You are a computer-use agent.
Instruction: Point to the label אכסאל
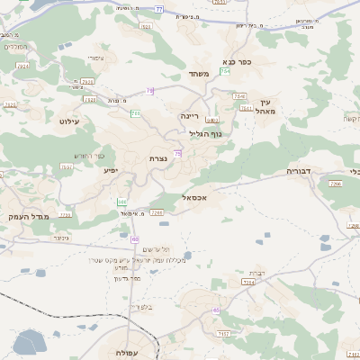[194, 196]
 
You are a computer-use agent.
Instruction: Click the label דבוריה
[299, 170]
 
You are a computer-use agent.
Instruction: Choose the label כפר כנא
[233, 63]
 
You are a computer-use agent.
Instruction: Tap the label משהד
[200, 74]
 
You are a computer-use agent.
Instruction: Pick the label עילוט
[69, 121]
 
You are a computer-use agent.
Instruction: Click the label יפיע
[110, 170]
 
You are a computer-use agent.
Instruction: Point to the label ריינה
[190, 115]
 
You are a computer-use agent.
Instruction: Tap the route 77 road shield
[159, 9]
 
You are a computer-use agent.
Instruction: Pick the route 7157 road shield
[224, 334]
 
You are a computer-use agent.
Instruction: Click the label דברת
[256, 272]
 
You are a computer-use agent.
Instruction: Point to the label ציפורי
[95, 58]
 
